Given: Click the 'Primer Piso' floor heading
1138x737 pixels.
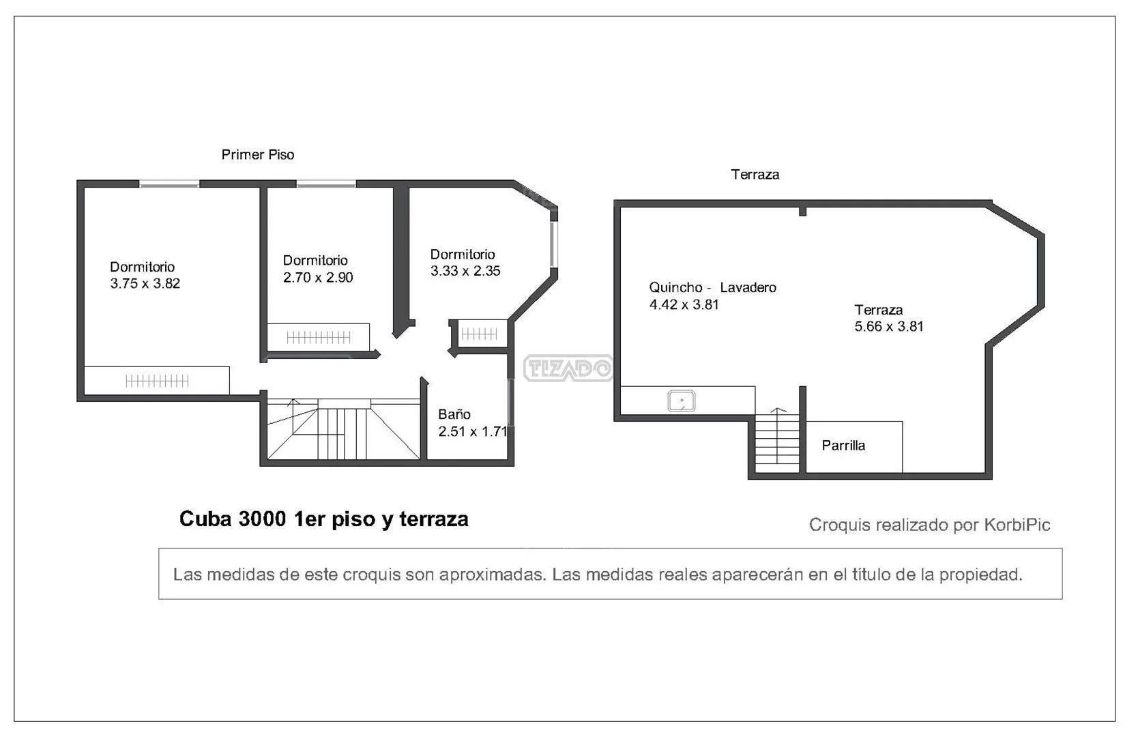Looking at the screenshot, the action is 258,154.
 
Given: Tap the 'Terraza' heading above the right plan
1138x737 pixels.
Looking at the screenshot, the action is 755,174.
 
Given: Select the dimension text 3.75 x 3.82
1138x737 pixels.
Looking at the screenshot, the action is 145,284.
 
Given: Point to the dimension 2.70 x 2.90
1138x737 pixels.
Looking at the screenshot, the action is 318,278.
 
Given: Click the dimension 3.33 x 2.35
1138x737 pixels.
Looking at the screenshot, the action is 465,271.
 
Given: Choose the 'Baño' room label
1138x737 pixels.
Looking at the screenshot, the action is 454,414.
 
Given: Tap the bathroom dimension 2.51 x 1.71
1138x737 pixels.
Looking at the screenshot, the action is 473,431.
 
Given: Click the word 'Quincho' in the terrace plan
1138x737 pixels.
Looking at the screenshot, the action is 675,288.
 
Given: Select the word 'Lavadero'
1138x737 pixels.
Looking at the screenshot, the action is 748,288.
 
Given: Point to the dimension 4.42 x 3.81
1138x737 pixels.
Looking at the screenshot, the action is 684,304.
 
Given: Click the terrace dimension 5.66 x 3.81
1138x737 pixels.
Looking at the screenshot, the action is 889,326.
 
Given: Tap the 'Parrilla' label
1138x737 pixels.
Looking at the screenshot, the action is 843,446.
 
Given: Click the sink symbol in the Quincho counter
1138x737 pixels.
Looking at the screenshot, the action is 682,401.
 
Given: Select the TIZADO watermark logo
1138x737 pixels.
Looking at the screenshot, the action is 568,368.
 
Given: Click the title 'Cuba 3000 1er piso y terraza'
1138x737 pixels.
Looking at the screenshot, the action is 324,519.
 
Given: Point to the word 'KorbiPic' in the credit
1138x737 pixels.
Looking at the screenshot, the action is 1017,525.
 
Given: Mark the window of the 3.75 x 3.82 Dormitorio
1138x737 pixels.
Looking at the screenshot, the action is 169,184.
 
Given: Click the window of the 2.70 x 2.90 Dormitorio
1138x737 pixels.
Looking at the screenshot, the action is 326,184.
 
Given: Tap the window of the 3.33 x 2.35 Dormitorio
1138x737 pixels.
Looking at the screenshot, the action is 554,244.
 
